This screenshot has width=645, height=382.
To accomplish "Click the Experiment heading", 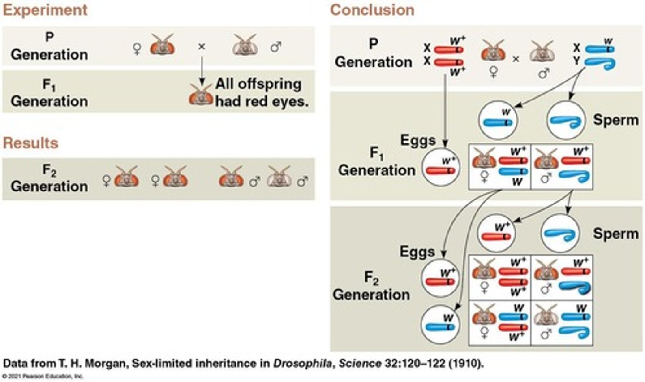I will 45,10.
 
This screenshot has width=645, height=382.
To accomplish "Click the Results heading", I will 30,143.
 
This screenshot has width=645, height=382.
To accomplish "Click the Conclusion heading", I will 372,10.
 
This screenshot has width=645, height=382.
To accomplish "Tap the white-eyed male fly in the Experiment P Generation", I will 245,45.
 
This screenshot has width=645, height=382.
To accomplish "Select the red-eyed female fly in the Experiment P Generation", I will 162,45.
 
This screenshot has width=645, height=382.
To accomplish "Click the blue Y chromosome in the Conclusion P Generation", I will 600,64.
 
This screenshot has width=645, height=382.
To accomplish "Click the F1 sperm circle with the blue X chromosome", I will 498,120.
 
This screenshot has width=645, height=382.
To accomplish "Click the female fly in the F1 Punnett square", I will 484,160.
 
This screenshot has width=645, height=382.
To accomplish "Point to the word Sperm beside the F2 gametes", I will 615,234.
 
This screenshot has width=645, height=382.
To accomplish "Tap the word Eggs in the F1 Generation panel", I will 417,140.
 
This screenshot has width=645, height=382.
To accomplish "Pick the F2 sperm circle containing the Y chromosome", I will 560,234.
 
